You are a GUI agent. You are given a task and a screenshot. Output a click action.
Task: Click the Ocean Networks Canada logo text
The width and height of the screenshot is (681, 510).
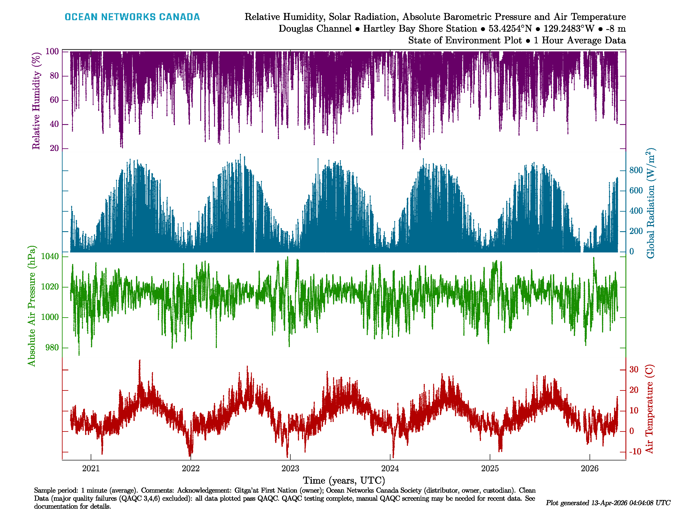pyautogui.click(x=132, y=17)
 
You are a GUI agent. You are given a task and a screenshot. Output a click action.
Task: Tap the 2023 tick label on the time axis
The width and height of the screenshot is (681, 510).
pyautogui.click(x=290, y=469)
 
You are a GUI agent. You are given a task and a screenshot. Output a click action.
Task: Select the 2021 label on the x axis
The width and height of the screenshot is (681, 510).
pyautogui.click(x=91, y=469)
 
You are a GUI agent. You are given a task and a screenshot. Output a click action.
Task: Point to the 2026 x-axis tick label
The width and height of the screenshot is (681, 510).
pyautogui.click(x=589, y=469)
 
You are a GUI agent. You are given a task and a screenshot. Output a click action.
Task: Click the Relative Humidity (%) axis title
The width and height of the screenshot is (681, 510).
pyautogui.click(x=36, y=101)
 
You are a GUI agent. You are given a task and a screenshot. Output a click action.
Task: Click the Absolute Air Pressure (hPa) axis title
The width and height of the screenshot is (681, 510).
pyautogui.click(x=31, y=306)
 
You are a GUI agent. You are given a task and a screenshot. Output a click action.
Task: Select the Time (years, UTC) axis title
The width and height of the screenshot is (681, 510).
pyautogui.click(x=344, y=480)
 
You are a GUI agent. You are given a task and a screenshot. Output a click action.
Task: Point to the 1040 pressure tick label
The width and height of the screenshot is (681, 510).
pyautogui.click(x=50, y=256)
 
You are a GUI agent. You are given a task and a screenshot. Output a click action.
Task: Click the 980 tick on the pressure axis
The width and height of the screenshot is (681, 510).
pyautogui.click(x=52, y=348)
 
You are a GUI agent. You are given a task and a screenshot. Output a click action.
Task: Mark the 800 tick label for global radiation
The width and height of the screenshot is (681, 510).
pyautogui.click(x=636, y=170)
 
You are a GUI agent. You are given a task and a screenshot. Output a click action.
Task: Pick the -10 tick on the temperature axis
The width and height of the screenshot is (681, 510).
pyautogui.click(x=635, y=452)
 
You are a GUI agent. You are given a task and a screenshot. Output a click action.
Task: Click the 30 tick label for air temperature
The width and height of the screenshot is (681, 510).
pyautogui.click(x=634, y=370)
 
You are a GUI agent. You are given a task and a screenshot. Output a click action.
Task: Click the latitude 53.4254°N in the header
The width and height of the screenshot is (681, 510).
pyautogui.click(x=510, y=29)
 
